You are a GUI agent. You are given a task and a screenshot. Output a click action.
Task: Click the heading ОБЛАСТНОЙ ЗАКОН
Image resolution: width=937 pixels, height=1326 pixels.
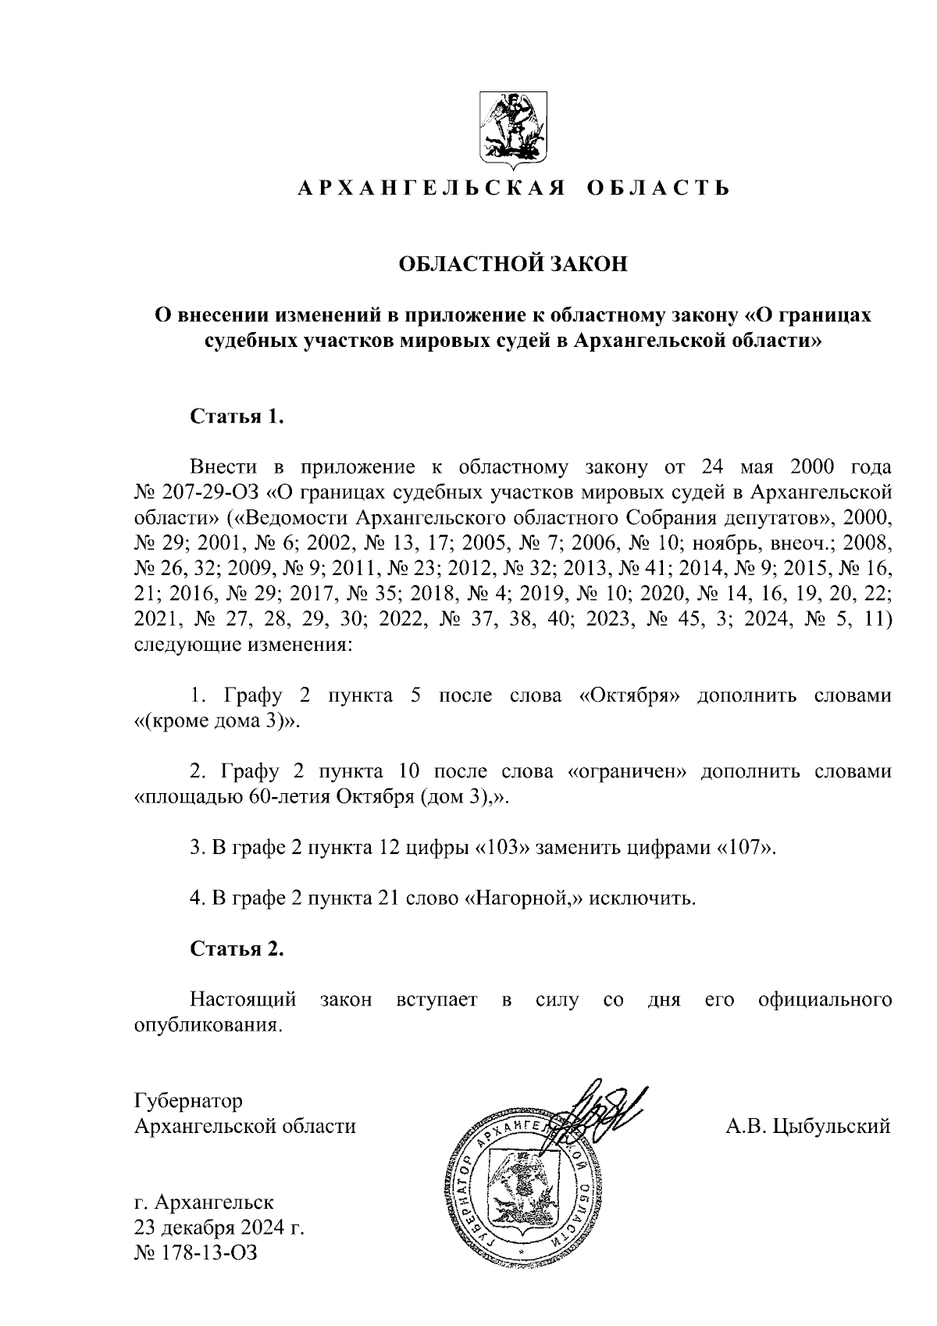(513, 264)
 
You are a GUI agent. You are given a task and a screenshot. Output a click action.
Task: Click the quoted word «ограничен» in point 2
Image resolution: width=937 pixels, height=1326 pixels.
(627, 771)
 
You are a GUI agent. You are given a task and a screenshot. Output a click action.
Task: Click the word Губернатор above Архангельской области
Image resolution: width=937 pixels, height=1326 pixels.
(188, 1100)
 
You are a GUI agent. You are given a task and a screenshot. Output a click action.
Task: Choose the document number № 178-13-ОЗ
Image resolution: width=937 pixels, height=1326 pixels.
(196, 1253)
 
